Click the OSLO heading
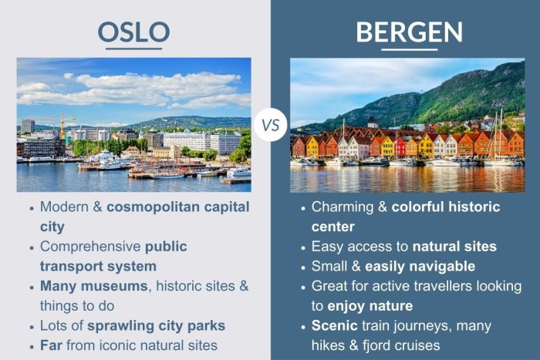[133, 32]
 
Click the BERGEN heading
[409, 32]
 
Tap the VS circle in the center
[270, 125]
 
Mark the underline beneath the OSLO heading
[133, 49]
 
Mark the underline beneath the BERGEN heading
[409, 49]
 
